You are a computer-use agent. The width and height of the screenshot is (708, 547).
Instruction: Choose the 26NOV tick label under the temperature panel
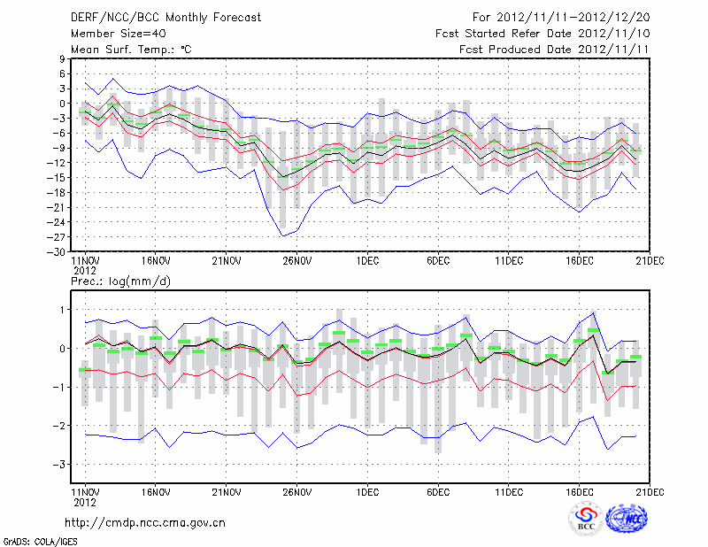297,261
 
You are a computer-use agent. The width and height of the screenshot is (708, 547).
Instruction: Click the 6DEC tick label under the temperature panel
439,261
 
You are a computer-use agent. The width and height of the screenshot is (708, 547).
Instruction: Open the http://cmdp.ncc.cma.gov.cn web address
146,522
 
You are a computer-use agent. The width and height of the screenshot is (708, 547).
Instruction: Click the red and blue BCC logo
585,519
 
